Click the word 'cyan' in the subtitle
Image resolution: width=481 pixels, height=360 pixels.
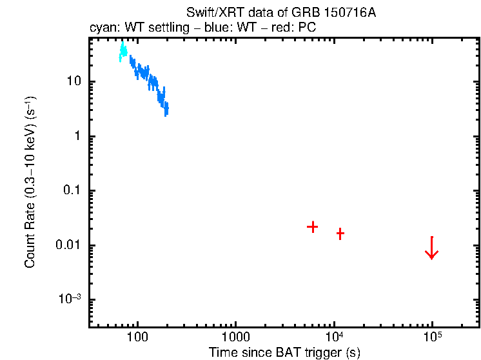(x=101, y=29)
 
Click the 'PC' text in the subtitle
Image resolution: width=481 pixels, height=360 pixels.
(x=306, y=29)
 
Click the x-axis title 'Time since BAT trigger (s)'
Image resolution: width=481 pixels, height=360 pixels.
(x=284, y=352)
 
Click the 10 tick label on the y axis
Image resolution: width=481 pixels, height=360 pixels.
(x=72, y=82)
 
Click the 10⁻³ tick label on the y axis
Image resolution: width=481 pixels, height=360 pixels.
(x=69, y=299)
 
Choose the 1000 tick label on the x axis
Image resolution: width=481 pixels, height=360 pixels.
(x=235, y=337)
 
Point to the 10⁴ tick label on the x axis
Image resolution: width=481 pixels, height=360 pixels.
(x=334, y=336)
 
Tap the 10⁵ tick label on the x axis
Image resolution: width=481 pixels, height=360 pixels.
(x=432, y=336)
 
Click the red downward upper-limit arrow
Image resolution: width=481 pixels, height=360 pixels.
(x=432, y=248)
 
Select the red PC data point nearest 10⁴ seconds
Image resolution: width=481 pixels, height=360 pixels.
(x=340, y=234)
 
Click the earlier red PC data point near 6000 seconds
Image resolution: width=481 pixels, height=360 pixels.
(x=312, y=226)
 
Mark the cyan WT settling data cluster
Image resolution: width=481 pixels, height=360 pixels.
(x=123, y=52)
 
